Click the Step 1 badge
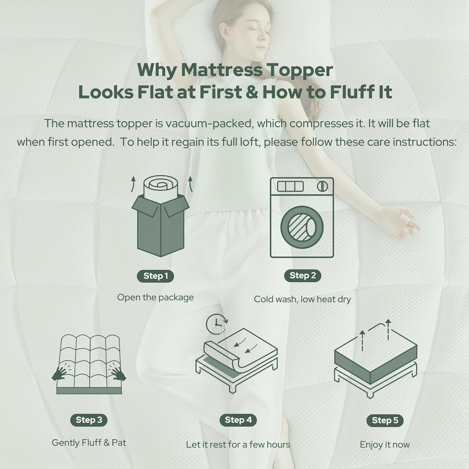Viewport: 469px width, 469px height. pos(155,276)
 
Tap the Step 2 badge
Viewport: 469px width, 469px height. pos(303,275)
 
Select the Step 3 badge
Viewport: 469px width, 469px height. pos(89,420)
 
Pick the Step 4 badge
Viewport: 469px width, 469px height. pos(238,420)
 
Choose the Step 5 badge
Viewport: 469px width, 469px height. pos(385,420)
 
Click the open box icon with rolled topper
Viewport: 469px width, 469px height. pos(161,216)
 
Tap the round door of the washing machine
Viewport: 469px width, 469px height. pos(302,227)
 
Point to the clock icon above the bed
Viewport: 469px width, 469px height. pos(216,324)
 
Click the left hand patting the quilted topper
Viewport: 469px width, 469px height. pos(60,374)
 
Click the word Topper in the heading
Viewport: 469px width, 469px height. pos(300,71)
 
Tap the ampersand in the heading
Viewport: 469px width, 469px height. pos(252,92)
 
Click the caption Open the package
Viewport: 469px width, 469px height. pos(155,298)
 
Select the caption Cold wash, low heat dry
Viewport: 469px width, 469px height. pos(302,299)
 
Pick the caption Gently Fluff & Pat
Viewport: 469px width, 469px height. pos(89,443)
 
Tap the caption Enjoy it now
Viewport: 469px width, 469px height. pos(385,444)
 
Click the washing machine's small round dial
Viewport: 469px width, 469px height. pos(322,186)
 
